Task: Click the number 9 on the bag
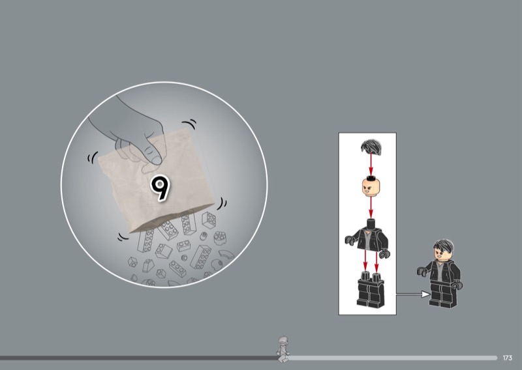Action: click(161, 188)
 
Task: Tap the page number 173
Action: click(508, 358)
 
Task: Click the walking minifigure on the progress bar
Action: click(283, 349)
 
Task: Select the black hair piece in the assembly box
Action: click(371, 147)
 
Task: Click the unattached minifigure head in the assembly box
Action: click(371, 186)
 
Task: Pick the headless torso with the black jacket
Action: click(367, 237)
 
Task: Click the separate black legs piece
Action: click(371, 289)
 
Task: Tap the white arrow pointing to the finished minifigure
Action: click(413, 294)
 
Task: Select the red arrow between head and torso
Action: click(371, 208)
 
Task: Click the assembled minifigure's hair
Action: click(443, 246)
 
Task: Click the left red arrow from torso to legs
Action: click(365, 261)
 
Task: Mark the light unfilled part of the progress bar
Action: click(393, 358)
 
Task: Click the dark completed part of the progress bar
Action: click(139, 358)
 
